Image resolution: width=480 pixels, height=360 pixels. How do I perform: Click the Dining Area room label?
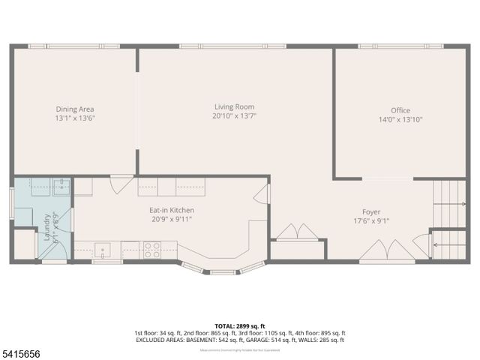coord(74,109)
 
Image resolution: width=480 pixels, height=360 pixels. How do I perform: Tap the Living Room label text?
coord(234,106)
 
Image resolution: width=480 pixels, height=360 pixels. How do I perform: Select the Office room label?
coord(400,110)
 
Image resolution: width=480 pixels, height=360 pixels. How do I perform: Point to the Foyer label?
coord(371,211)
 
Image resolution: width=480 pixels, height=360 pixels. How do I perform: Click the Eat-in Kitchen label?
coord(172,210)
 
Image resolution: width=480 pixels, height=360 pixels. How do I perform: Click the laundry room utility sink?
coord(59,186)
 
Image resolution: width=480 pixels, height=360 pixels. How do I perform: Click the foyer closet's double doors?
coord(293,231)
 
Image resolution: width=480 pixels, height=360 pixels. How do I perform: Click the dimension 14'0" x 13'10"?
coord(400,119)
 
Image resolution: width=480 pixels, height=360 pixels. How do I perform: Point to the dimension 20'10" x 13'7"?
coord(234,115)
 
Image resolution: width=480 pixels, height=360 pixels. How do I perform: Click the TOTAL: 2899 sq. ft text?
coord(239,324)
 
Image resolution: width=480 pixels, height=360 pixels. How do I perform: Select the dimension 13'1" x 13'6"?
coord(74,118)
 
